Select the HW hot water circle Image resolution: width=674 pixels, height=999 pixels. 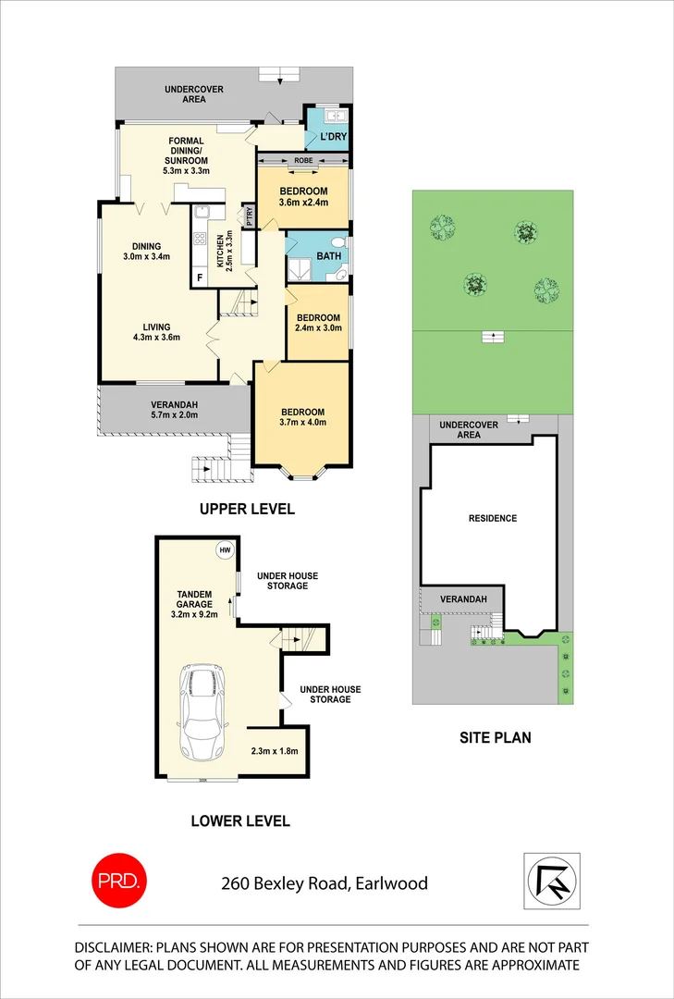pos(225,550)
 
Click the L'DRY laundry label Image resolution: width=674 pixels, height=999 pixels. pos(332,137)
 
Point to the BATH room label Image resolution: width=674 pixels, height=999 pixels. pos(329,256)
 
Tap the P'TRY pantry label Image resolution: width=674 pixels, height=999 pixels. pos(249,216)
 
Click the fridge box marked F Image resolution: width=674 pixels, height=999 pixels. pos(199,277)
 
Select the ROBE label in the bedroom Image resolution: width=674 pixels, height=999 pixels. pos(302,161)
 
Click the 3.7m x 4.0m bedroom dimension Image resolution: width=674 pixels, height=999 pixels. pos(302,423)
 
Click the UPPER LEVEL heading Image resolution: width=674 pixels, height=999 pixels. pos(247,509)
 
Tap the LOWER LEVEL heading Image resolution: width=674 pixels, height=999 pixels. pos(239,820)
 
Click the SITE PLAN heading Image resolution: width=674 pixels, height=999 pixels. pos(496,738)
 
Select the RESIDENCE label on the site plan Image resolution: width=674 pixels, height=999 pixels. pos(492,518)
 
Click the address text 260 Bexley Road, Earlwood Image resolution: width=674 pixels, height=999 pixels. pos(325,883)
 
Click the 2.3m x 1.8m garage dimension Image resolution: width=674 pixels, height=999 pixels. pos(275,751)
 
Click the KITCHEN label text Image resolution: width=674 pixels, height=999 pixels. pos(220,251)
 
